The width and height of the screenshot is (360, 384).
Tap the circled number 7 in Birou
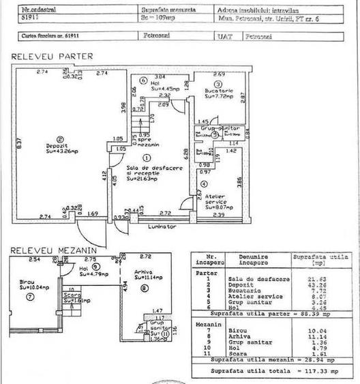click(29, 298)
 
